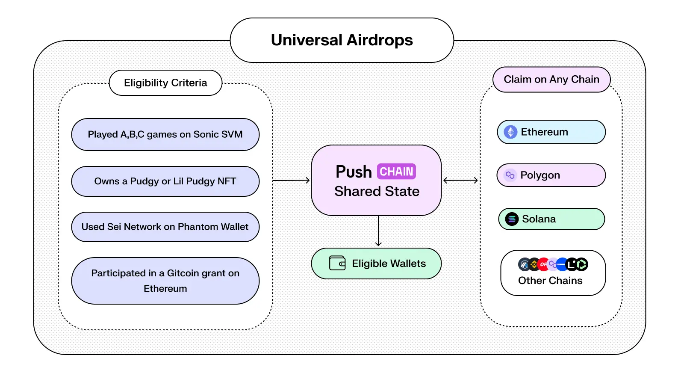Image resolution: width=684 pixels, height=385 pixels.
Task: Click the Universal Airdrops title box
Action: pos(342,40)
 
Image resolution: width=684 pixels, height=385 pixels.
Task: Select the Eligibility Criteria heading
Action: pos(165,83)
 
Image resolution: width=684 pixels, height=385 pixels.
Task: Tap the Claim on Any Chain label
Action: pos(551,80)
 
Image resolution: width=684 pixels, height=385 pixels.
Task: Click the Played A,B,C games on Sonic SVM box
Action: pos(165,134)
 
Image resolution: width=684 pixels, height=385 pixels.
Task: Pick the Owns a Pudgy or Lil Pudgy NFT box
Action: pos(165,181)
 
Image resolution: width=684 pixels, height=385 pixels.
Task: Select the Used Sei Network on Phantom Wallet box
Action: pos(165,227)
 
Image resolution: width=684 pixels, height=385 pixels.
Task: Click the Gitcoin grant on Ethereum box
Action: pos(165,281)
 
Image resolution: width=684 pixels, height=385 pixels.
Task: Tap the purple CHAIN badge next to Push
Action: pos(396,172)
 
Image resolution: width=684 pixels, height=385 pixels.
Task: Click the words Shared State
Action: pos(377,191)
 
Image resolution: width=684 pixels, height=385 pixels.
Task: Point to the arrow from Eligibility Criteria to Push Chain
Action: pos(291,181)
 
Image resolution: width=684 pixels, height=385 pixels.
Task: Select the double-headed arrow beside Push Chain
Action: pos(460,181)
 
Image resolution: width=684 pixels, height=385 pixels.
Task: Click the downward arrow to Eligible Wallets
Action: pos(378,231)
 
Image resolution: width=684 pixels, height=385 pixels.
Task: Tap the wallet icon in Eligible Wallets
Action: pos(337,263)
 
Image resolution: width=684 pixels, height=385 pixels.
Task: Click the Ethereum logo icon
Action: pos(510,132)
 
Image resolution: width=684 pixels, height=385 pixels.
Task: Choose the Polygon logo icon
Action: pos(510,175)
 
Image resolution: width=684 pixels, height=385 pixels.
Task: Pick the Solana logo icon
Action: pos(512,219)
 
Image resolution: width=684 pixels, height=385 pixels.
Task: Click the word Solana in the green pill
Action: pos(539,219)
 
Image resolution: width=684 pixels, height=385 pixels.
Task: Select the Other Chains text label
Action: pos(550,281)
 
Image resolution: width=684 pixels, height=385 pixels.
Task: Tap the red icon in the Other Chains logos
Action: pos(543,264)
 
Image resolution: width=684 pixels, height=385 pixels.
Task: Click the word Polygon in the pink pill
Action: pos(540,175)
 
